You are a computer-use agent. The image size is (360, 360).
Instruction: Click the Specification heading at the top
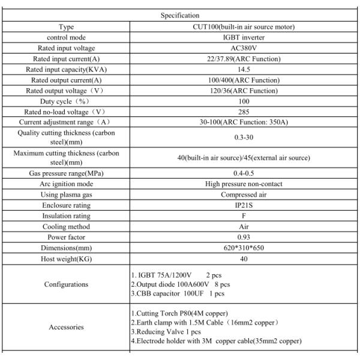click(180, 15)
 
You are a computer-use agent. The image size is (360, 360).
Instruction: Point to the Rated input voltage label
click(67, 48)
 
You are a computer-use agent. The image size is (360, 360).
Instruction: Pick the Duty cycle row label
click(67, 101)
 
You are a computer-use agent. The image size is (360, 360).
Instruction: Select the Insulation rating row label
click(67, 216)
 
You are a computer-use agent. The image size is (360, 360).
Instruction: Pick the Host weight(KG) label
click(67, 259)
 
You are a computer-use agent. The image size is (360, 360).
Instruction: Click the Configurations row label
click(67, 284)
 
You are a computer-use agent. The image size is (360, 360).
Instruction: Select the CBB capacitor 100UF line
click(178, 293)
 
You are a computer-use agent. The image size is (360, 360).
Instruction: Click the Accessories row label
click(67, 328)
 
